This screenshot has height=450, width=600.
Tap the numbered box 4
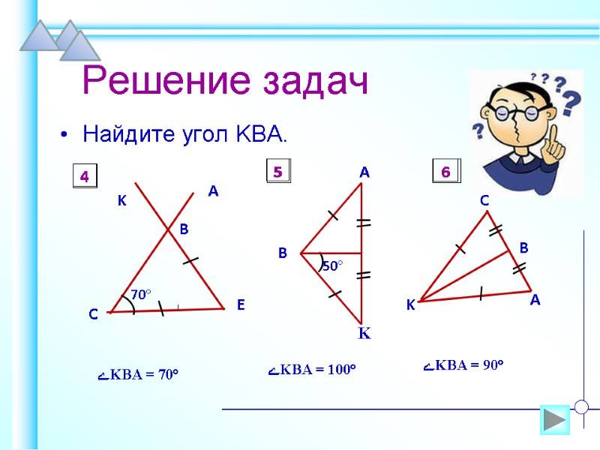(x=85, y=177)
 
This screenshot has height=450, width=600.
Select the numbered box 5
(x=277, y=172)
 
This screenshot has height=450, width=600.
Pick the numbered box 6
(x=445, y=172)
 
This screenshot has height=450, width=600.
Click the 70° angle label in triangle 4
(x=141, y=295)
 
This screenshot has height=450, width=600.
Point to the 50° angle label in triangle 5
(x=332, y=265)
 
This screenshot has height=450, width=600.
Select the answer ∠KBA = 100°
(x=312, y=370)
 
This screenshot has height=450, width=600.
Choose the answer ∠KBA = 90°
(x=463, y=365)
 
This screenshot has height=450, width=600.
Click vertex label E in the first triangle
(x=241, y=305)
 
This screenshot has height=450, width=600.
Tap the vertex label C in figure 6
(x=484, y=201)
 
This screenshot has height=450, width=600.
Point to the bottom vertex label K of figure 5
(x=364, y=334)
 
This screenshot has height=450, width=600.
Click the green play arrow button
(x=555, y=419)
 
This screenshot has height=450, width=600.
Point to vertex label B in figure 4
(x=184, y=230)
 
